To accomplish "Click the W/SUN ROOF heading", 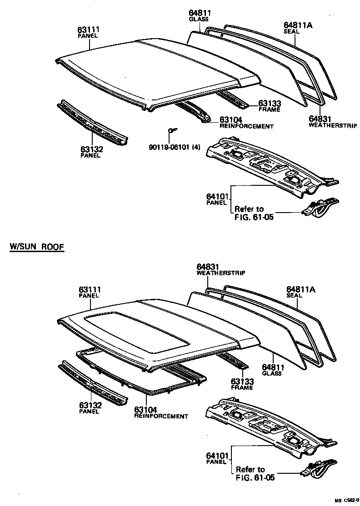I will [37, 247].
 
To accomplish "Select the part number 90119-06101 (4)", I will [175, 146].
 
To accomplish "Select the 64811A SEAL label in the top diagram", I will [298, 28].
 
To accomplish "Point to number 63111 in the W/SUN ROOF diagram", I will [89, 289].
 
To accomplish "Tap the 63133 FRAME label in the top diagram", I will [269, 106].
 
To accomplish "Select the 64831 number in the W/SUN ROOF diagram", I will [208, 267].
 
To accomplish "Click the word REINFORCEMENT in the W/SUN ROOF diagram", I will [161, 416].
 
